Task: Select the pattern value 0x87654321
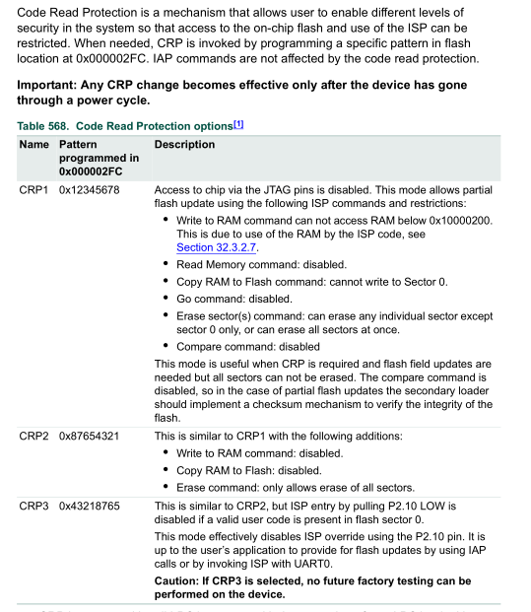pyautogui.click(x=89, y=437)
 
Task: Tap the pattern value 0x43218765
pyautogui.click(x=89, y=506)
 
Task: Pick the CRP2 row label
pyautogui.click(x=33, y=437)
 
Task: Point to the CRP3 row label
pyautogui.click(x=33, y=506)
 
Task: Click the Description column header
pyautogui.click(x=184, y=145)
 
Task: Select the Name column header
pyautogui.click(x=33, y=145)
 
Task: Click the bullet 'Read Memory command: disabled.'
pyautogui.click(x=261, y=265)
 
